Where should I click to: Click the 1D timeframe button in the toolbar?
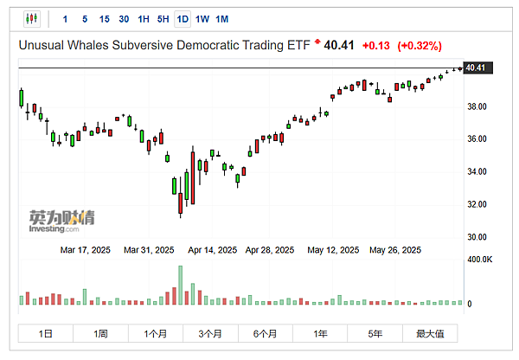pos(183,19)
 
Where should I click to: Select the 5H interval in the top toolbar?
pos(163,19)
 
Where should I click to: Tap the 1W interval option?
pos(202,19)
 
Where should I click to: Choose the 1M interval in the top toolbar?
pos(222,19)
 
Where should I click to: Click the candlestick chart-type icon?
pos(32,19)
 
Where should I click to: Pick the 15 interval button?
pos(105,19)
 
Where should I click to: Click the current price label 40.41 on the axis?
pos(475,67)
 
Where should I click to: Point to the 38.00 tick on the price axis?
pos(476,106)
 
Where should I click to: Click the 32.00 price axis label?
pos(476,204)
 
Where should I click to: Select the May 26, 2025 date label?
pos(395,250)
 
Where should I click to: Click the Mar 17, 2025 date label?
pos(85,250)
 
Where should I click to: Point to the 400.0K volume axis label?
pos(479,259)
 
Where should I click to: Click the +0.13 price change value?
pos(375,46)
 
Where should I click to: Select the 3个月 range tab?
pos(211,333)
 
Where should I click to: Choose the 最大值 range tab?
pos(429,333)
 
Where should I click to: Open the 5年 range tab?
pos(375,333)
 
